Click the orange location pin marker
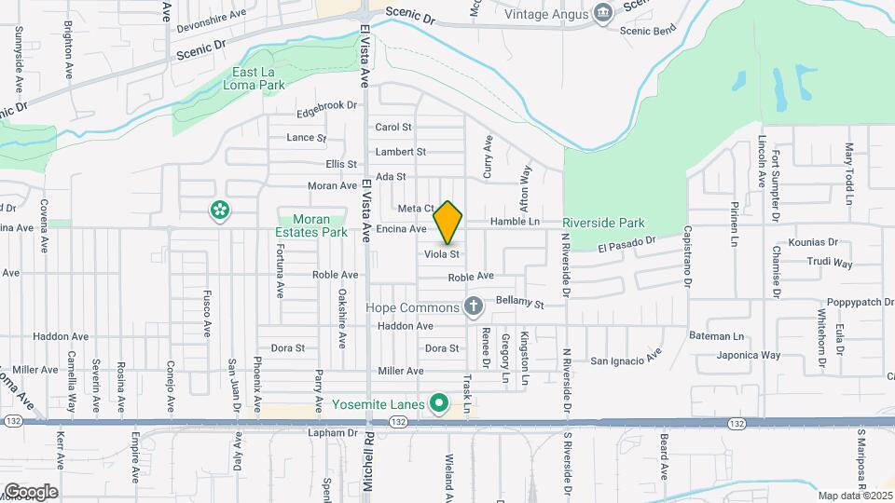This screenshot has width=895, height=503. point(448,222)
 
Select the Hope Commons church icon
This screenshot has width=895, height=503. point(474,306)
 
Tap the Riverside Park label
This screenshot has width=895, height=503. point(603,224)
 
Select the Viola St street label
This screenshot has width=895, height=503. point(442,253)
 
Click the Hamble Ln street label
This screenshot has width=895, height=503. point(515,222)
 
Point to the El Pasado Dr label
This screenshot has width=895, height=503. point(628,244)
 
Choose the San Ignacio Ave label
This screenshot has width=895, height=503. point(624,358)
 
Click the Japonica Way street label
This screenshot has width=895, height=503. point(748,355)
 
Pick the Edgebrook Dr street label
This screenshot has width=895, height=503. point(326,107)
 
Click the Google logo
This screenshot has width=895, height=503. point(30,492)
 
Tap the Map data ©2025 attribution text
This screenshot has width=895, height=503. point(855,496)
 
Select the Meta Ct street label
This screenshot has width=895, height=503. point(416,208)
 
